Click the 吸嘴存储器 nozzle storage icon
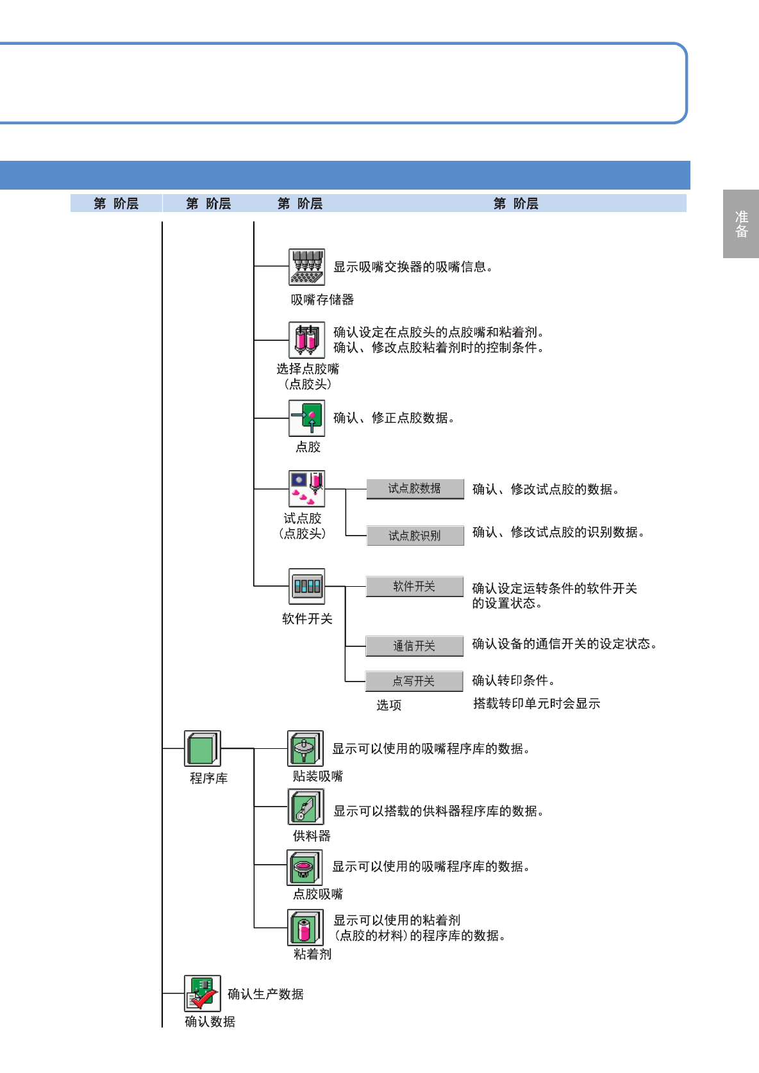pos(306,267)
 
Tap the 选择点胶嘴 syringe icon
pos(306,340)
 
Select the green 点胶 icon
pos(306,418)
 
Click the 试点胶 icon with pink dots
pos(306,489)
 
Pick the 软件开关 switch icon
pos(306,586)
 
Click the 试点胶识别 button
pos(415,536)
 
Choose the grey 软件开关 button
pos(414,586)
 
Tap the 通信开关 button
pos(414,646)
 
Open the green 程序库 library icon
pos(203,748)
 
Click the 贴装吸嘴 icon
pos(305,748)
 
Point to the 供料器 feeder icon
pos(306,807)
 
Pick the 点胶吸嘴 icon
pos(304,867)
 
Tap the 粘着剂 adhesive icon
pos(305,927)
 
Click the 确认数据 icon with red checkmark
pos(203,993)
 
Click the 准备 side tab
pos(741,224)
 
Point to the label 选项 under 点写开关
pos(388,705)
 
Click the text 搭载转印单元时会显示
pos(537,703)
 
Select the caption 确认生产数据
pos(265,994)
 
